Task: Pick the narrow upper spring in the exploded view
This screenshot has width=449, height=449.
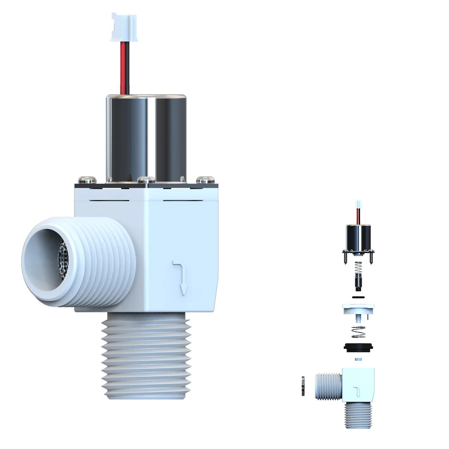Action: [x=358, y=269]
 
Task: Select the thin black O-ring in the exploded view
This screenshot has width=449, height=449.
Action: [x=358, y=297]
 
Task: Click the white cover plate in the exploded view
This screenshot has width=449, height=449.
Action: [x=358, y=309]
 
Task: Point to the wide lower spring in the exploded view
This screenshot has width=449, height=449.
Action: [x=358, y=333]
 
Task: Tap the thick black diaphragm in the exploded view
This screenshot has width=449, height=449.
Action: [x=358, y=347]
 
